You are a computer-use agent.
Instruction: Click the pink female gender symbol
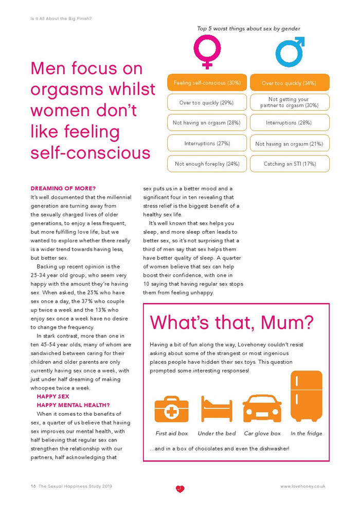coord(207,51)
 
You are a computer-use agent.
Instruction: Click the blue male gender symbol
coord(290,51)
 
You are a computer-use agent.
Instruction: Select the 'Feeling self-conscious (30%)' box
coord(207,83)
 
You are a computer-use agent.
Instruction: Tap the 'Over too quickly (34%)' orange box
coord(290,83)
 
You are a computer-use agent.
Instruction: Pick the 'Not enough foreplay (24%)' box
coord(207,164)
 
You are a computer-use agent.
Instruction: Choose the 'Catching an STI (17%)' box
coord(290,164)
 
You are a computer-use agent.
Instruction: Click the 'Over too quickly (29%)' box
coord(207,102)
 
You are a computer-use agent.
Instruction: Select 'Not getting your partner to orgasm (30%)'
coord(290,102)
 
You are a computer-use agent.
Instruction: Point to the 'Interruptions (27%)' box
coord(207,144)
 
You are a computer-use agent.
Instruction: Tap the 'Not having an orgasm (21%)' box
coord(290,144)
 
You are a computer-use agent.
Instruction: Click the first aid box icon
coord(171,409)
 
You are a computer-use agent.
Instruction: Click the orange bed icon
coord(217,409)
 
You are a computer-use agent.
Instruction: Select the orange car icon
coord(262,409)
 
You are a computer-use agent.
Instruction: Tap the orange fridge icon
coord(306,396)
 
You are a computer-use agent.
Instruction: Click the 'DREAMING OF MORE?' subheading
coord(63,188)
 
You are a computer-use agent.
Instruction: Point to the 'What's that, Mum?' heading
coord(231,323)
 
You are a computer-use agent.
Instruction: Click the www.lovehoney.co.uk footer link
coord(303,486)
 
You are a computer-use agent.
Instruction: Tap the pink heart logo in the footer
coord(179,488)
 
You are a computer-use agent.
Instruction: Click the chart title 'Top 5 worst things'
coord(248,29)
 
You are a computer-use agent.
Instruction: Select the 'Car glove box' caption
coord(262,433)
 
